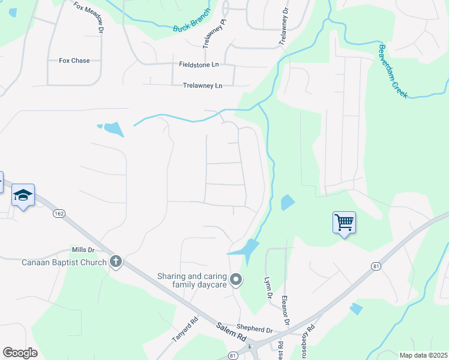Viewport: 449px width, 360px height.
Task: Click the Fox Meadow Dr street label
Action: [89, 16]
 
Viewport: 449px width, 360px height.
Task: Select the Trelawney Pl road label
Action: [215, 33]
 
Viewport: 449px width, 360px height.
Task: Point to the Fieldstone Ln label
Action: [199, 64]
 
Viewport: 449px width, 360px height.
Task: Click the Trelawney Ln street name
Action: [202, 86]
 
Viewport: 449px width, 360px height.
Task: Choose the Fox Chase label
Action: [74, 61]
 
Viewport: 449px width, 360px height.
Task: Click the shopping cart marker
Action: [344, 223]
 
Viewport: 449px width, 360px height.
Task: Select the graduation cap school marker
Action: [23, 195]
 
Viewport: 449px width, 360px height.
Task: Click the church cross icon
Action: [115, 262]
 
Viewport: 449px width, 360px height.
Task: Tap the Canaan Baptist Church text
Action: [64, 262]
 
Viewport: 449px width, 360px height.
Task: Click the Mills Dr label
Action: [83, 250]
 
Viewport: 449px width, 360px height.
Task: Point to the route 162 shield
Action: [59, 214]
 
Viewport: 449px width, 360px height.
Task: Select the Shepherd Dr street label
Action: [255, 329]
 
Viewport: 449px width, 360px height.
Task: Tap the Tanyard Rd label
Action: [185, 329]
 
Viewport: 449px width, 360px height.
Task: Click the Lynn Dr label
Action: [268, 288]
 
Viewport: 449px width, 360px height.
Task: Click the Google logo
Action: [20, 353]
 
